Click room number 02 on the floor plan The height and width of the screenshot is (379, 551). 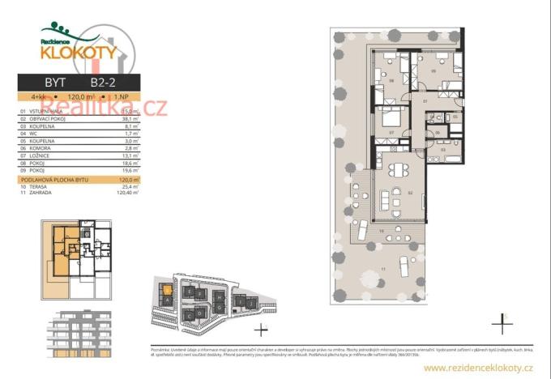pyautogui.click(x=411, y=194)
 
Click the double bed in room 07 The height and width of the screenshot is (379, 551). pyautogui.click(x=387, y=115)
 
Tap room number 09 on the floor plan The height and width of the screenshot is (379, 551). pyautogui.click(x=434, y=71)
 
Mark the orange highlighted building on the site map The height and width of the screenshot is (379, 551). pyautogui.click(x=167, y=288)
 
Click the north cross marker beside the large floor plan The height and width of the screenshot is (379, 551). pyautogui.click(x=502, y=325)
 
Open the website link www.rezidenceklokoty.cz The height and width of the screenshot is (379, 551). pyautogui.click(x=478, y=368)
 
